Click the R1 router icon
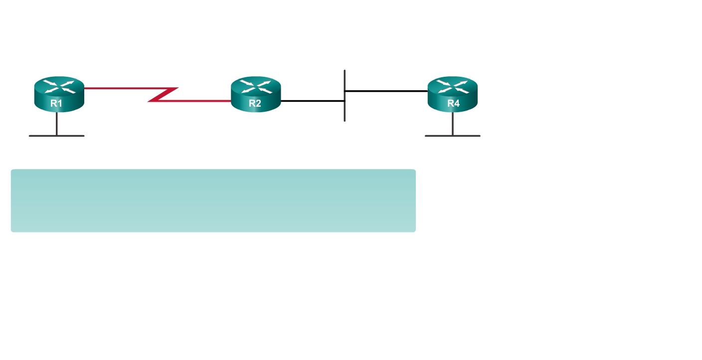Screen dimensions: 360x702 pyautogui.click(x=59, y=94)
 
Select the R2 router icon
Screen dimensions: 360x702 pyautogui.click(x=256, y=94)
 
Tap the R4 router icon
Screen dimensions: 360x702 pyautogui.click(x=453, y=94)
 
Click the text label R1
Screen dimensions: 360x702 pyautogui.click(x=56, y=103)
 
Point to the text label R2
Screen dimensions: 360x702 pyautogui.click(x=255, y=103)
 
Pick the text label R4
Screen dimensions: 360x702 pyautogui.click(x=453, y=103)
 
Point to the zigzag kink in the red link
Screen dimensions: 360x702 pyautogui.click(x=164, y=94)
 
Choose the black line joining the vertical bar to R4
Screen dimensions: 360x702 pyautogui.click(x=386, y=91)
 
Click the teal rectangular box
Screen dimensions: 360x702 pyautogui.click(x=213, y=200)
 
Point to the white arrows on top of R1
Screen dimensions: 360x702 pyautogui.click(x=59, y=86)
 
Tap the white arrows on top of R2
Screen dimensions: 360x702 pyautogui.click(x=256, y=86)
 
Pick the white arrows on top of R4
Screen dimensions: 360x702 pyautogui.click(x=453, y=86)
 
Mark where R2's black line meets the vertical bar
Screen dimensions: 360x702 pyautogui.click(x=345, y=101)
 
